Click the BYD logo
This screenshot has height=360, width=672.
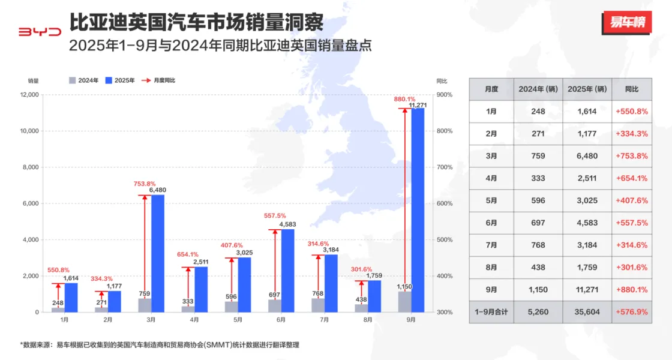point(40,31)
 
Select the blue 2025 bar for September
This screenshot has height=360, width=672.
point(418,210)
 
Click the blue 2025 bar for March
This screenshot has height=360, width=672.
point(158,253)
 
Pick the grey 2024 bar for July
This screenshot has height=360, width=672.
point(318,305)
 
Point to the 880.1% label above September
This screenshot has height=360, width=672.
point(404,99)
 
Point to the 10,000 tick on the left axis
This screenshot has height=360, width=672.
point(29,131)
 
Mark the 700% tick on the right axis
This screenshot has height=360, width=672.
point(444,167)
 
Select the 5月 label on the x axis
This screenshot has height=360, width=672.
point(238,320)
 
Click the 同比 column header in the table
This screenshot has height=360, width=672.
point(631,89)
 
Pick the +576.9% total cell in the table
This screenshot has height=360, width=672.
point(631,312)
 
